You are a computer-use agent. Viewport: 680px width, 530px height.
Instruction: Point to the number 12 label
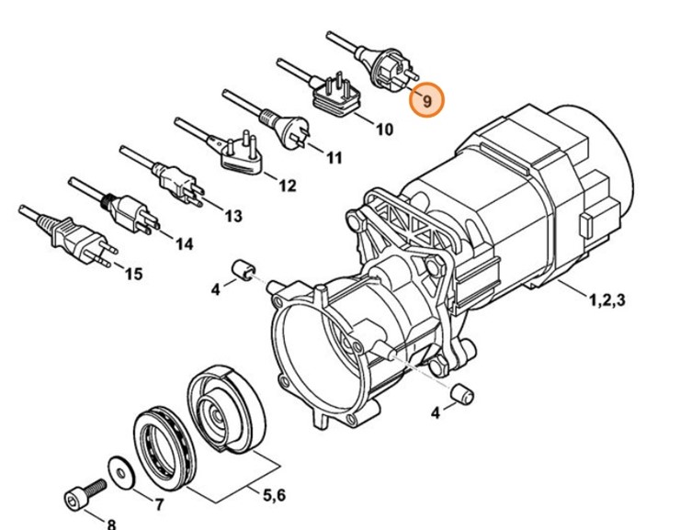click(x=287, y=186)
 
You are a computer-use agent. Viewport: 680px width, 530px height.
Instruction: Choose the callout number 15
click(x=133, y=274)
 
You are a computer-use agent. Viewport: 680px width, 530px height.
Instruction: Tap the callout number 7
click(x=159, y=504)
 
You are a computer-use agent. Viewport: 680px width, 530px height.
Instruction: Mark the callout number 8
click(x=111, y=524)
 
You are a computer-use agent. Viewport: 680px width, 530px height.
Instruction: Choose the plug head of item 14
click(x=126, y=212)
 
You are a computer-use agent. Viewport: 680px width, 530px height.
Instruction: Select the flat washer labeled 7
click(x=119, y=468)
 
